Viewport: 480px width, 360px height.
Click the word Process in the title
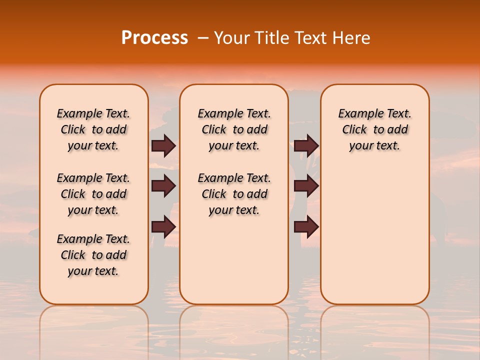[x=154, y=37]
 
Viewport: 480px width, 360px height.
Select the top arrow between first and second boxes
[x=163, y=146]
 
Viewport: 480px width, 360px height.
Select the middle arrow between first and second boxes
[x=163, y=186]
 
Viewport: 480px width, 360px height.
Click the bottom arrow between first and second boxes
[x=163, y=227]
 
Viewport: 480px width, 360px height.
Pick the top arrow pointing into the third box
[x=305, y=146]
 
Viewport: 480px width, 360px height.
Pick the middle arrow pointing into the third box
[x=305, y=186]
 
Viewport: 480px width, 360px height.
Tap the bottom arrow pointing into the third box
[x=305, y=227]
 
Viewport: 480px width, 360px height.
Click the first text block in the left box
[x=93, y=129]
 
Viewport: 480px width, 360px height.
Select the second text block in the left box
[x=93, y=194]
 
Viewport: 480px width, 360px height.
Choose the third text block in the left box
[x=93, y=255]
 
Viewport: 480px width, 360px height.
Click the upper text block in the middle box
[x=234, y=129]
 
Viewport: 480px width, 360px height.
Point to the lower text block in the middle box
[x=234, y=194]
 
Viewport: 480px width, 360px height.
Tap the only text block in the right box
[x=374, y=129]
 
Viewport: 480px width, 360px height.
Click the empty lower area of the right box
[x=374, y=235]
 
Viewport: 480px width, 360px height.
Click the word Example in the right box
[x=355, y=114]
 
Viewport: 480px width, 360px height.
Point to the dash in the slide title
[x=203, y=38]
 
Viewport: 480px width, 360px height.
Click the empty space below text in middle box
[x=234, y=260]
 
